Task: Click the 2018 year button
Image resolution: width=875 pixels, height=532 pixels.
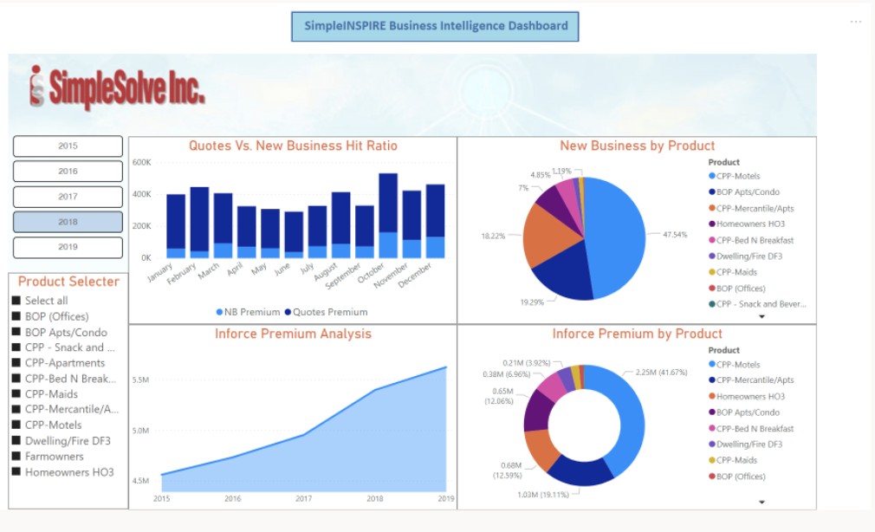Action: coord(68,222)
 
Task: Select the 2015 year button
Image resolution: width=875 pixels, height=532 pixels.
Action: coord(68,146)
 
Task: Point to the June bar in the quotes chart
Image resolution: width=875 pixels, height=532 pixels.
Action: coord(295,234)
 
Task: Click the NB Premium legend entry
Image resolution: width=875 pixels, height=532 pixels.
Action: coord(248,312)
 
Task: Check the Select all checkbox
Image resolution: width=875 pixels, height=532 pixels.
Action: coord(16,301)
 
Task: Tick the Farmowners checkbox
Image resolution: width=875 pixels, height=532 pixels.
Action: coord(16,457)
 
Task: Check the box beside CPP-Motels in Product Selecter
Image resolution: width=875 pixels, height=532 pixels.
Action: coord(16,425)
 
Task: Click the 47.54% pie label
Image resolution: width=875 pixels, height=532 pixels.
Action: coord(675,235)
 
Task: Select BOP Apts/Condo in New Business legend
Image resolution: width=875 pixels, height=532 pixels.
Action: coord(748,192)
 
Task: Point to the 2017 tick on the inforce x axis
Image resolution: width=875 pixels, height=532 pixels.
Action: coord(303,498)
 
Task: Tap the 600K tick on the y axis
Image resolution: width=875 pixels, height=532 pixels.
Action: coord(141,162)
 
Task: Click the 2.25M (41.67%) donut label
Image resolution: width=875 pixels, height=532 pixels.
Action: coord(660,373)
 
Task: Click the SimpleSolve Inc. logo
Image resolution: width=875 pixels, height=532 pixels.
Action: coord(117,87)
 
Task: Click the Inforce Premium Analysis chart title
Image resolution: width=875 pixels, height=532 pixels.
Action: coord(293,334)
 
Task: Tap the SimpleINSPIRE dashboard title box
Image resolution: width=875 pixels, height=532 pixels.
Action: coord(435,26)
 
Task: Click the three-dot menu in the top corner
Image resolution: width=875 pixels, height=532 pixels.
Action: coord(856,22)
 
